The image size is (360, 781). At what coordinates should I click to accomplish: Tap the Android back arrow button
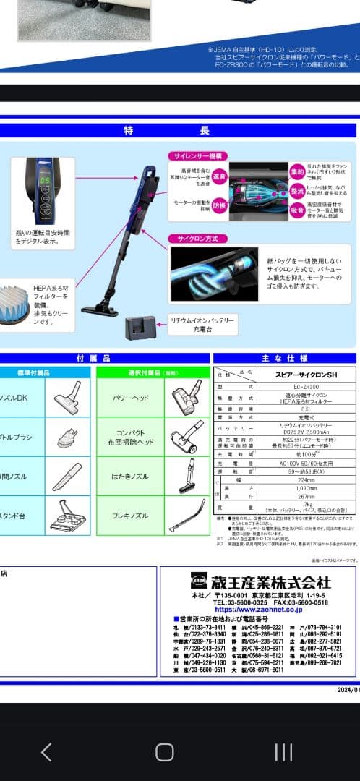46,752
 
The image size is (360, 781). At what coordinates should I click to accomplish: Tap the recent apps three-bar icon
283,752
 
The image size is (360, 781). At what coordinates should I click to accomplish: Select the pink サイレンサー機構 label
197,155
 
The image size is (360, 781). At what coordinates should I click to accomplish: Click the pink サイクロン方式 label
194,238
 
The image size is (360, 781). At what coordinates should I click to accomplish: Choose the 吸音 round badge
297,210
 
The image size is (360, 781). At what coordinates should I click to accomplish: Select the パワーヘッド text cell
131,398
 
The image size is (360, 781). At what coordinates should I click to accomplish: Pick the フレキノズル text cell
131,516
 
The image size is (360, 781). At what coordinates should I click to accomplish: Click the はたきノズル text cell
131,477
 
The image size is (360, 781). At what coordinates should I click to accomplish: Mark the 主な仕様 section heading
284,358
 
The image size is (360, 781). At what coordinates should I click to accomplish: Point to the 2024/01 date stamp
348,689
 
